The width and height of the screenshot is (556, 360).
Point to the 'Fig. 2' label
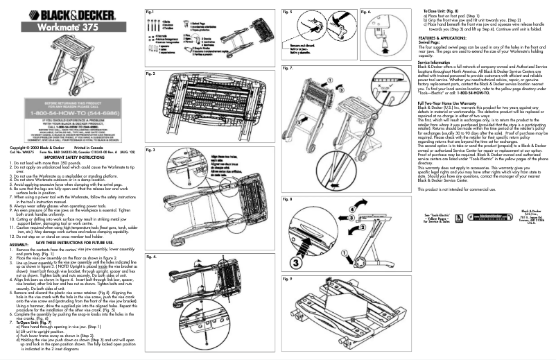pyautogui.click(x=150, y=73)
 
